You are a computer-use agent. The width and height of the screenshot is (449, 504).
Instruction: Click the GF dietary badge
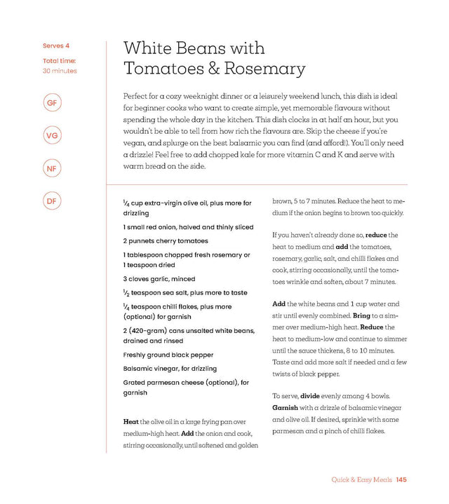[51, 104]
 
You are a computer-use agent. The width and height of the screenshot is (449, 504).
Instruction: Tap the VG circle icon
[51, 135]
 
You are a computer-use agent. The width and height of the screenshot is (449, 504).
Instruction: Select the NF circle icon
[51, 168]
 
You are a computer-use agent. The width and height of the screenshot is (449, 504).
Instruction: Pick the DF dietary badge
[51, 201]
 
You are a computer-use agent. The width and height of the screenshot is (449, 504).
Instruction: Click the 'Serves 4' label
[56, 46]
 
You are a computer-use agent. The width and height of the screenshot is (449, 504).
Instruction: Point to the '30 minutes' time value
[60, 71]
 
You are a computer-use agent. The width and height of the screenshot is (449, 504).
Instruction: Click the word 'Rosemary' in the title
[269, 69]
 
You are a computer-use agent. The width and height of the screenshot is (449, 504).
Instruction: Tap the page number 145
[401, 480]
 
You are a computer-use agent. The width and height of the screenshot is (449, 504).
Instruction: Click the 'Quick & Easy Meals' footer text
[361, 480]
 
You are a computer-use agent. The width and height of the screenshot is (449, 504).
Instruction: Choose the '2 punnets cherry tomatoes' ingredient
[165, 241]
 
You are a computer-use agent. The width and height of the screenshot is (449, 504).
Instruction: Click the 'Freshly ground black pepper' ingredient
[168, 355]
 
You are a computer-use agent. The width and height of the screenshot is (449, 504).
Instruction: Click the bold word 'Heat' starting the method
[130, 422]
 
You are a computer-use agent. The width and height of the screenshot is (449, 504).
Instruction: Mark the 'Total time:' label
[59, 61]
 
